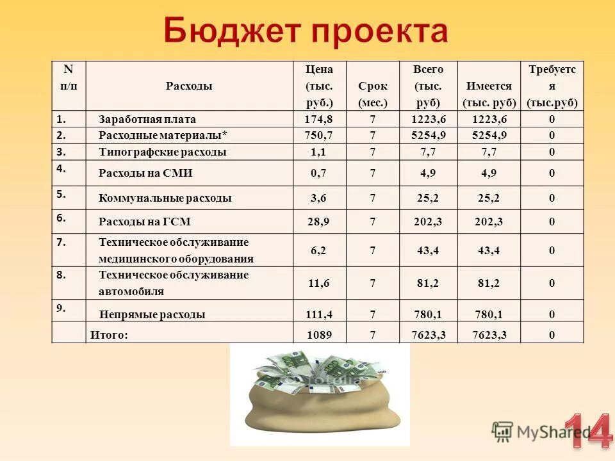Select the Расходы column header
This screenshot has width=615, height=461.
tap(189, 86)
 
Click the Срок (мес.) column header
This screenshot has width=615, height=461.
tap(373, 94)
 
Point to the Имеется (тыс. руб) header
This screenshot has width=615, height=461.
tap(489, 94)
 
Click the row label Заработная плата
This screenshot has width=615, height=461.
tap(147, 119)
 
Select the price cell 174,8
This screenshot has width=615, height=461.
tap(318, 119)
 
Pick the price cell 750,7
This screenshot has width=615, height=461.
tap(318, 136)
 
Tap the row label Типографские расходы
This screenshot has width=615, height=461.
tap(163, 152)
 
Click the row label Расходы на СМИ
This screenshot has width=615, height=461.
tap(145, 173)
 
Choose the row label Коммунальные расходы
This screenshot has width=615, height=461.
tap(165, 198)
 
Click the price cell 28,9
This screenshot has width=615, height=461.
tap(318, 222)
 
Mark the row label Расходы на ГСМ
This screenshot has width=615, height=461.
tap(145, 222)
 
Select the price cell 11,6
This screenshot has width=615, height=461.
tap(318, 283)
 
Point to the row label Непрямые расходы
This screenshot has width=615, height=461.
tap(152, 314)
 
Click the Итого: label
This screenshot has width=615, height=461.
tap(109, 334)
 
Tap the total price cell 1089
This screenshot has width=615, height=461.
tap(318, 334)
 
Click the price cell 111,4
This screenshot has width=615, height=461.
tap(318, 314)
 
